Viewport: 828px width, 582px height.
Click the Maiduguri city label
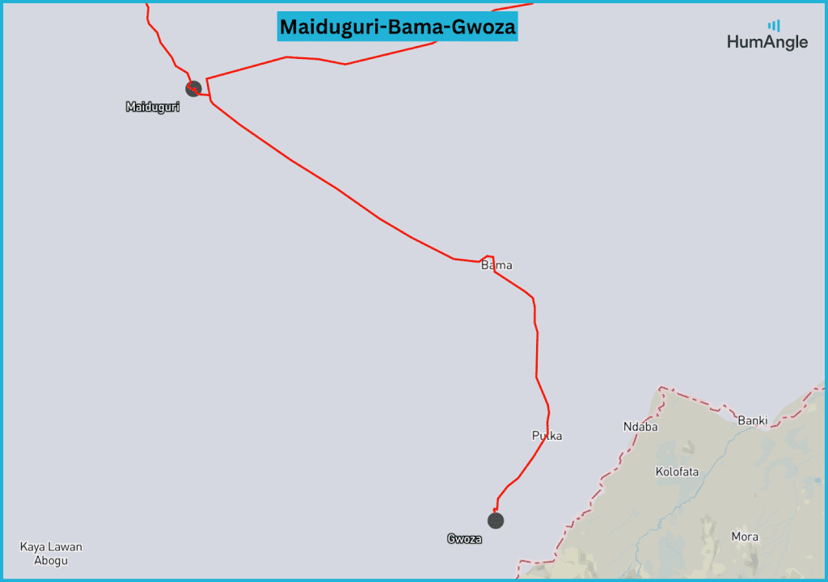pos(153,107)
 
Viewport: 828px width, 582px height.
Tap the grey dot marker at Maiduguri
pos(193,88)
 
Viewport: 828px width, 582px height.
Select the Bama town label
pos(496,265)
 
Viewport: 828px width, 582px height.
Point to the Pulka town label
pos(547,436)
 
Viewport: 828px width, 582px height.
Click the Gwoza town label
pos(464,538)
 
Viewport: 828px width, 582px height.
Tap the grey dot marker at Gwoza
pos(496,521)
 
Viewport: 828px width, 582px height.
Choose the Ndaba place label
pos(640,427)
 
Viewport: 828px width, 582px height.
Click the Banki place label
pos(752,420)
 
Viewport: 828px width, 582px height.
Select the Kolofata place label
pos(677,471)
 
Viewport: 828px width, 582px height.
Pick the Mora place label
pos(745,537)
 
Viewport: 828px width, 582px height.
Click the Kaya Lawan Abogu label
pos(51,554)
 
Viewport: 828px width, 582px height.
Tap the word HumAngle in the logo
pos(767,42)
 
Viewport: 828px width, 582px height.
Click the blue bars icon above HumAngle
pos(774,25)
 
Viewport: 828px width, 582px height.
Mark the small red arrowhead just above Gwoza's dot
pos(495,509)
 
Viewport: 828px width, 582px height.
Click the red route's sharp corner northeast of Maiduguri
pos(207,79)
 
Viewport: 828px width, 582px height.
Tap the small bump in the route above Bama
pos(489,257)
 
